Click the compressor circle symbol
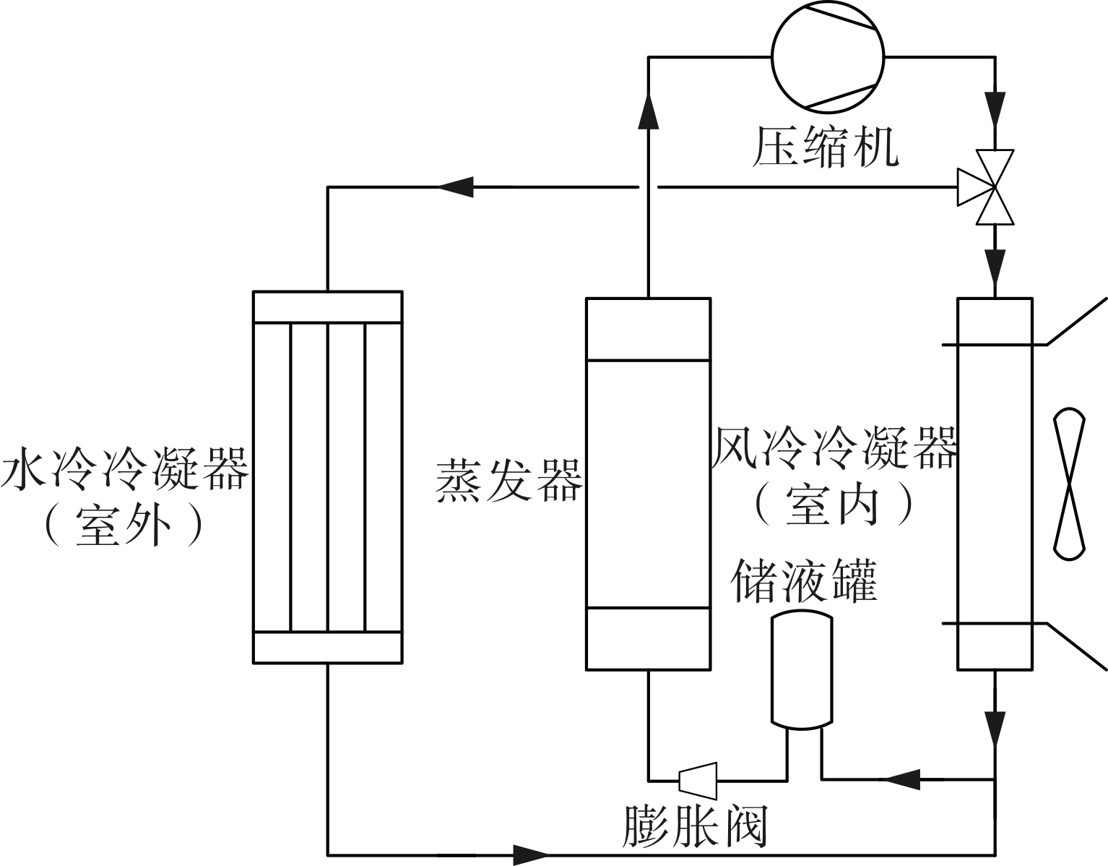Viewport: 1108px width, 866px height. (828, 56)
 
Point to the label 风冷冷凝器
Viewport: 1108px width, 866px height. (835, 448)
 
